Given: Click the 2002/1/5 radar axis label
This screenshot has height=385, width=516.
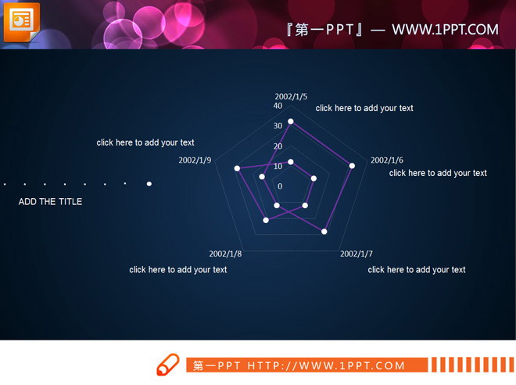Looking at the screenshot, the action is pos(291,96).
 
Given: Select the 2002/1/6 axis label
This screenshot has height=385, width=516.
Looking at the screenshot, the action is pos(387,160).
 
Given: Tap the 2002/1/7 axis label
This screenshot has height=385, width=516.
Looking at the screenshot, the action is pos(357,254).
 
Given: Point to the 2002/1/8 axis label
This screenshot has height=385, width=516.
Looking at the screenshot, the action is pos(225,254).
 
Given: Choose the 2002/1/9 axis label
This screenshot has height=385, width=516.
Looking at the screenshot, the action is pos(195,160).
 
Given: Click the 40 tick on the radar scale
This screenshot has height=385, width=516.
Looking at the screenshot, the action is pos(278,106).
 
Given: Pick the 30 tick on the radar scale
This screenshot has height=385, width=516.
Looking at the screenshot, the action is pos(278,125).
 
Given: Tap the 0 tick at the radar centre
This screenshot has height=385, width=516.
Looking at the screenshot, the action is pos(280,186).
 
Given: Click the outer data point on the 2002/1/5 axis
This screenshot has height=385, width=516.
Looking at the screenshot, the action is pos(291,121).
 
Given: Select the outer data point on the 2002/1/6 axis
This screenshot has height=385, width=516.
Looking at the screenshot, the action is pos(352,166).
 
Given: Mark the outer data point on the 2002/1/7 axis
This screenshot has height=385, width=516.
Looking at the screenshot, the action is pos(324,232).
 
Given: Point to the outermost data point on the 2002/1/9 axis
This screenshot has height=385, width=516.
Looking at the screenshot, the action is pos(237,168).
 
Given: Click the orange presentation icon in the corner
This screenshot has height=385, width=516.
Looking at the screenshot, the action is pos(22,22).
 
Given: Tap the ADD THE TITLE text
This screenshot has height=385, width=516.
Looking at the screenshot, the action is pos(50,202).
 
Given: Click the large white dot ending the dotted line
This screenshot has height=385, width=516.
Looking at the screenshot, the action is pos(149,184).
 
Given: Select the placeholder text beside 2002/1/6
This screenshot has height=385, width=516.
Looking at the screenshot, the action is pos(438,173).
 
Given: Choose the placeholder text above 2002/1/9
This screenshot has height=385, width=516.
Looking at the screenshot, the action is pos(145,142).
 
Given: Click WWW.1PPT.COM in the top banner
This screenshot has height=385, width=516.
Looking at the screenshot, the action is pos(445,30).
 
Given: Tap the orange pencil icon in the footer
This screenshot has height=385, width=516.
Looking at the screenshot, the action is pos(168,364).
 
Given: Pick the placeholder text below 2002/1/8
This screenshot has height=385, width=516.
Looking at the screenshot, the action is pos(178,270).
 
